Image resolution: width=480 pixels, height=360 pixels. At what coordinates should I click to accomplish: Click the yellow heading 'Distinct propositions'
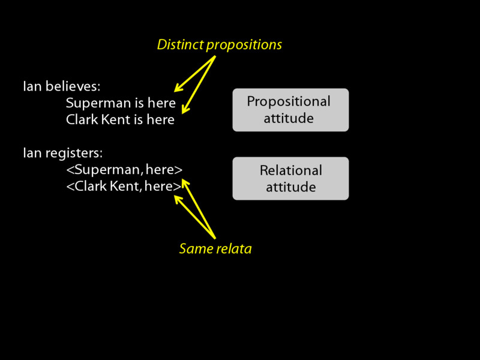pos(219,45)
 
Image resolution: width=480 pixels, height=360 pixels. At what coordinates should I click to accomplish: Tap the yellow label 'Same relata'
pos(215,248)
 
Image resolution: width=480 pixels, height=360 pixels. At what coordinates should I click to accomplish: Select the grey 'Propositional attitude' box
pos(290,110)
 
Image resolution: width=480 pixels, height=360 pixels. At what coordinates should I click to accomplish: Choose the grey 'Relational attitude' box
pos(290,178)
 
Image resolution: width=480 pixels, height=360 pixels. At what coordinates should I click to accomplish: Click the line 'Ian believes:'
pos(61,86)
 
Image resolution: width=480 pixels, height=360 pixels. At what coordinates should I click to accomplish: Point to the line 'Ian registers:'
pos(62,153)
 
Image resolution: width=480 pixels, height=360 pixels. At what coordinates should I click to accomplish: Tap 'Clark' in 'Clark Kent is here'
pos(80,120)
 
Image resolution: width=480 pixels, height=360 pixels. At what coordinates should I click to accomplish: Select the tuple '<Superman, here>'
pos(124,170)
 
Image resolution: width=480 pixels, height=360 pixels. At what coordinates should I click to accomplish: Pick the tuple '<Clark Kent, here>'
pos(123,187)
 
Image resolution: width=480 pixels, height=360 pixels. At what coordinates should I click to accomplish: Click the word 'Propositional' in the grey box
pos(289,101)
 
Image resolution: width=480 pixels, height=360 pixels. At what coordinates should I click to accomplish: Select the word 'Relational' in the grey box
pos(290,170)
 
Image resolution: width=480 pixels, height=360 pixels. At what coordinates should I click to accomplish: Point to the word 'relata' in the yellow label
pos(233,248)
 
